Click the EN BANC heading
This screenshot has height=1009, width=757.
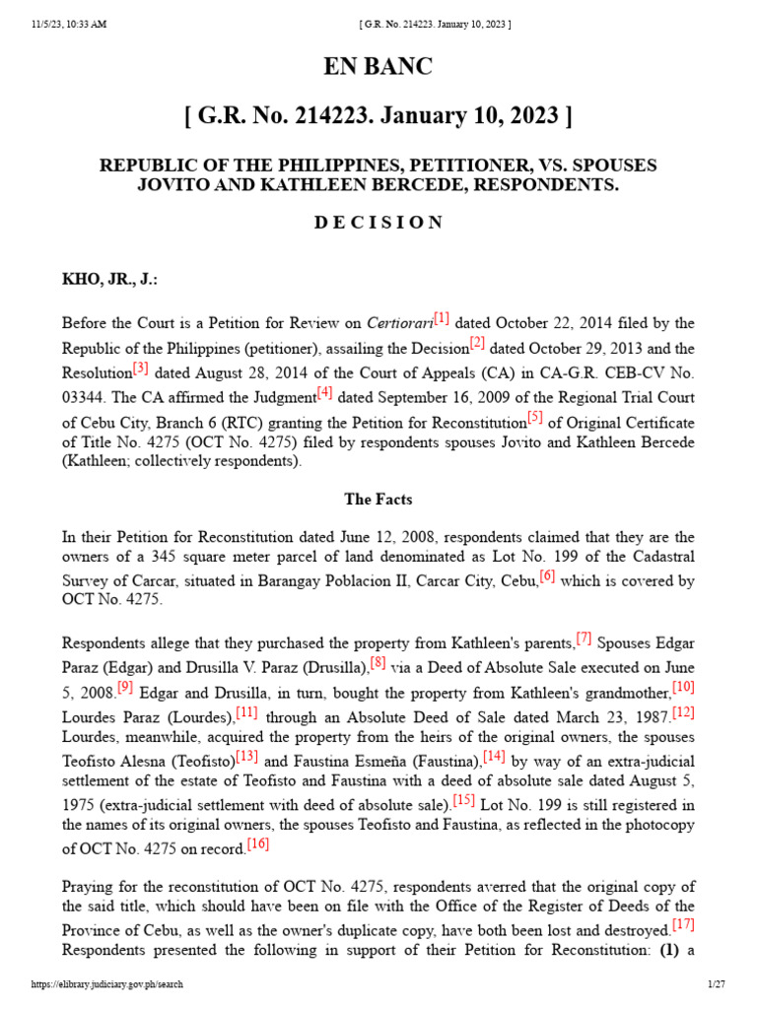378,67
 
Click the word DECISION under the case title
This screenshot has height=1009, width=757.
378,222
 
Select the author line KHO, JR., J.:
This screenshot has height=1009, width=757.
109,279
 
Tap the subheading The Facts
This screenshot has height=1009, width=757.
378,500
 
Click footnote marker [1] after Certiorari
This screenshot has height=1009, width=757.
441,318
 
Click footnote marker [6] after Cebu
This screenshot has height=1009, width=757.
547,576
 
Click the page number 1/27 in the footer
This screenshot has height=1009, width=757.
716,984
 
